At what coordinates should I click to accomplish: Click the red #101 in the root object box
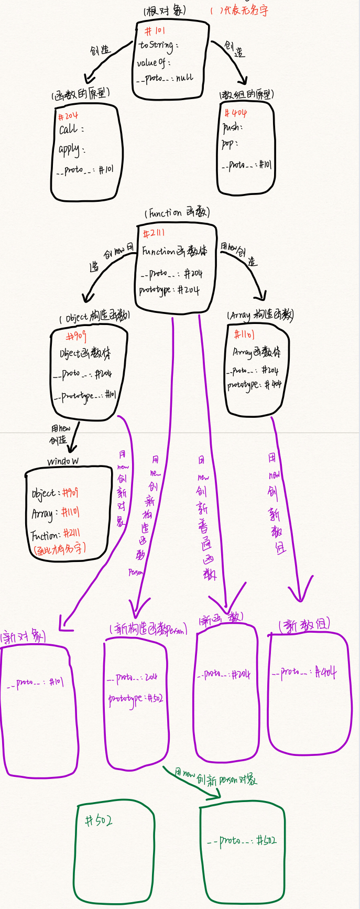click(155, 31)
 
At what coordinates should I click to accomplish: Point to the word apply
click(69, 149)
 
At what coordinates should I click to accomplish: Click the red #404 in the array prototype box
click(235, 113)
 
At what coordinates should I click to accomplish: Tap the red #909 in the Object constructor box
click(77, 336)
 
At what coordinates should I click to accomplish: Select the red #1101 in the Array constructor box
click(244, 334)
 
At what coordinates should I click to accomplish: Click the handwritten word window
click(63, 461)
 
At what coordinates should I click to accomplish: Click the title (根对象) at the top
click(164, 11)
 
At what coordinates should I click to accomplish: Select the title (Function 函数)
click(177, 213)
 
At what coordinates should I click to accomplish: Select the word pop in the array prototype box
click(228, 144)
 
